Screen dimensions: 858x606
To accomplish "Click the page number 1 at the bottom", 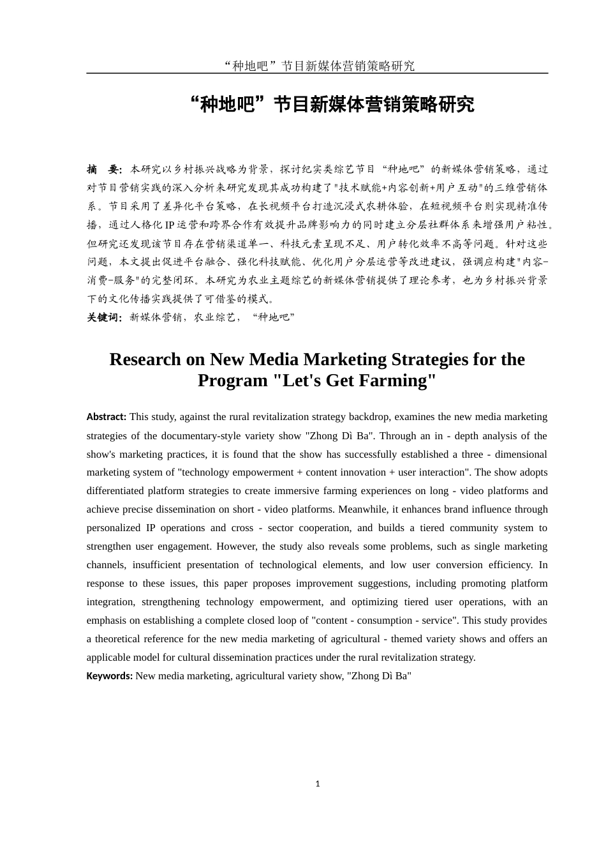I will [x=318, y=783].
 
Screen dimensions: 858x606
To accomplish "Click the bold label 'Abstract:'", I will [x=107, y=417].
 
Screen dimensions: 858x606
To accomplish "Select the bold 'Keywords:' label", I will [x=110, y=676].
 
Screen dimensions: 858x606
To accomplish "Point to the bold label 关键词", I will [x=104, y=317].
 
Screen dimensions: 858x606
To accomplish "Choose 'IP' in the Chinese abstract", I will [x=170, y=225].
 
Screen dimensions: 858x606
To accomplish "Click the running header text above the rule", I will [x=318, y=66].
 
